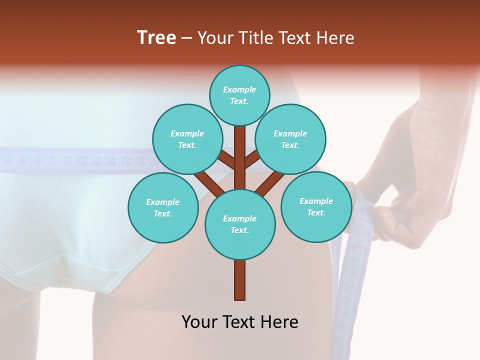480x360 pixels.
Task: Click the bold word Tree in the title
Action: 156,38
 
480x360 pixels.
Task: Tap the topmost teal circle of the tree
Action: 239,95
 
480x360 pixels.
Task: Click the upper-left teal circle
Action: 187,139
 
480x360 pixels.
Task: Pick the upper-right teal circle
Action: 290,139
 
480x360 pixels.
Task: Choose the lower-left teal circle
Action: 163,207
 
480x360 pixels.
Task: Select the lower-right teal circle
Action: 316,206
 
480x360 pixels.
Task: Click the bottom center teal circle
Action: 240,224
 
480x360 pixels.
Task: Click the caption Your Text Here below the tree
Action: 240,322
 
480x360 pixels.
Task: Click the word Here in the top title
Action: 337,38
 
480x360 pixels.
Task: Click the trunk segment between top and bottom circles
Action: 240,157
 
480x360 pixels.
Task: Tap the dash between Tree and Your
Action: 187,38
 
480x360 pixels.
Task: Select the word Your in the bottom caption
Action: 199,322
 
